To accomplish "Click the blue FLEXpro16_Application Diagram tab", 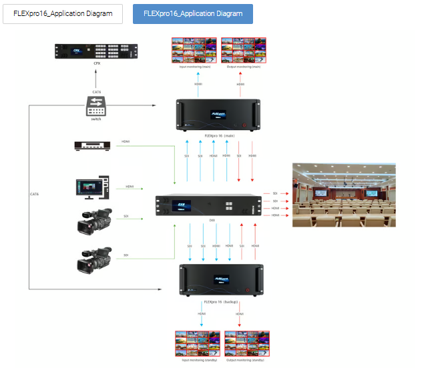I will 193,13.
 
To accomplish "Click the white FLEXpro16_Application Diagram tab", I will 63,13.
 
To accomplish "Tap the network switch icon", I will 97,104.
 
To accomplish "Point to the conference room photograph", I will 344,194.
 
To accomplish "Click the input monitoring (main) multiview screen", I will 195,51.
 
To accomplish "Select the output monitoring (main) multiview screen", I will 244,51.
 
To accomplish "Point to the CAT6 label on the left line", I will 34,194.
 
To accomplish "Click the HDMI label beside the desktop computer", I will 129,187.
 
